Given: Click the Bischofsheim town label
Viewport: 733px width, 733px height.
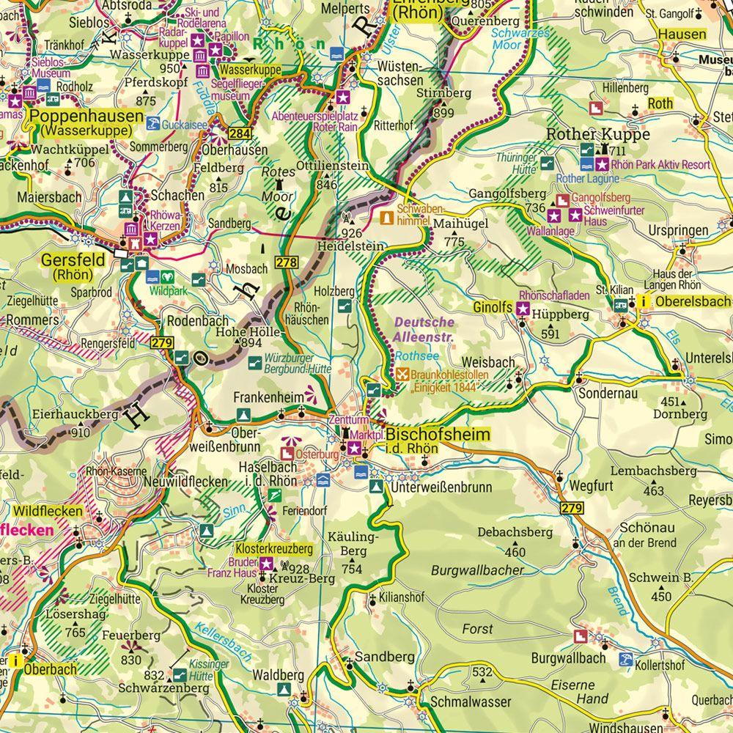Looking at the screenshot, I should pyautogui.click(x=438, y=435).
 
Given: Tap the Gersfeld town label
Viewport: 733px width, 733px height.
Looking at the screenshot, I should pyautogui.click(x=69, y=259).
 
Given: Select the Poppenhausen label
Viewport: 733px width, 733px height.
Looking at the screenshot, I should pyautogui.click(x=85, y=117).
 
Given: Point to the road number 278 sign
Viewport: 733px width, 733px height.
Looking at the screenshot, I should pyautogui.click(x=287, y=262).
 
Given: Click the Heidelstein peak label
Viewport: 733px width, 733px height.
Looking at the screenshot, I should pyautogui.click(x=350, y=247).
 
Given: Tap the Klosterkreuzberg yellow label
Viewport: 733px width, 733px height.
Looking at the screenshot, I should pyautogui.click(x=273, y=548).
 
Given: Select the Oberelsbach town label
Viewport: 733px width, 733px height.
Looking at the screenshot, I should pyautogui.click(x=693, y=301).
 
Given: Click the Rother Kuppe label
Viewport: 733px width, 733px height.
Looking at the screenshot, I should pyautogui.click(x=598, y=134).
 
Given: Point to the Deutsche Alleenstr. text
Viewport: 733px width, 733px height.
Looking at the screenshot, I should pyautogui.click(x=424, y=329).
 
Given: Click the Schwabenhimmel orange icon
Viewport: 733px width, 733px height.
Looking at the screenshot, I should pyautogui.click(x=386, y=218).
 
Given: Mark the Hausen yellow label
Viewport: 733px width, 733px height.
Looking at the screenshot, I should pyautogui.click(x=682, y=34).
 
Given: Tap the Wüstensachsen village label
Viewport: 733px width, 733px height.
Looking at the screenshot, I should pyautogui.click(x=399, y=73).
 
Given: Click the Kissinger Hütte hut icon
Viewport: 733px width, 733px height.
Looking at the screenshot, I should pyautogui.click(x=179, y=674).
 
